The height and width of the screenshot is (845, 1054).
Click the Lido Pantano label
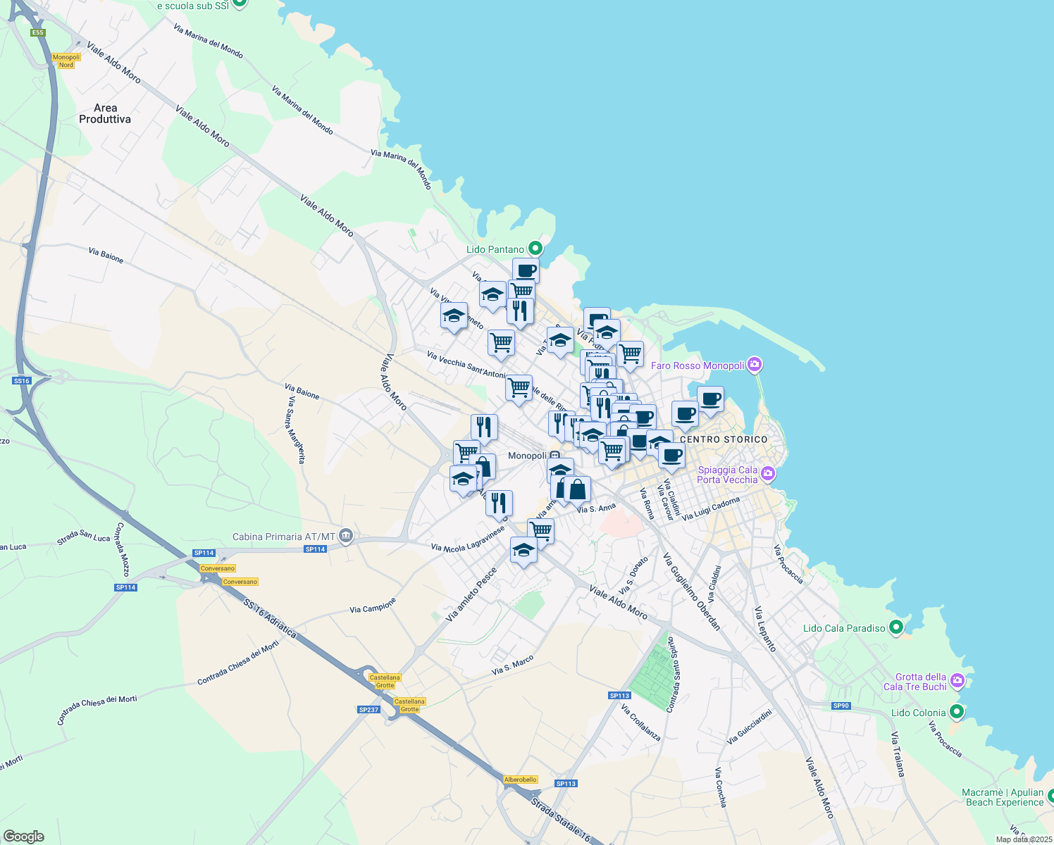pyautogui.click(x=495, y=249)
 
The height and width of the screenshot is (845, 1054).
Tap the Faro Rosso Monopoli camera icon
pyautogui.click(x=755, y=365)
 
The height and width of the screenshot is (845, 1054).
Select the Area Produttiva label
pyautogui.click(x=105, y=113)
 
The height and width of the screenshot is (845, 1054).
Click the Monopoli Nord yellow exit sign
pyautogui.click(x=66, y=61)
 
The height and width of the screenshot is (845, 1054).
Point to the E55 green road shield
pyautogui.click(x=37, y=32)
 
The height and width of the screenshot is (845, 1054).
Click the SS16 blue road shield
pyautogui.click(x=22, y=380)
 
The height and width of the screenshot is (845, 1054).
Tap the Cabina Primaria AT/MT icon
pyautogui.click(x=345, y=537)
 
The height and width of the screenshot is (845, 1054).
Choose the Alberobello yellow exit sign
pyautogui.click(x=521, y=780)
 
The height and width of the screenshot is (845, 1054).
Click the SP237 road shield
pyautogui.click(x=368, y=709)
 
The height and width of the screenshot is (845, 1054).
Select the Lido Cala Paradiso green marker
pyautogui.click(x=896, y=627)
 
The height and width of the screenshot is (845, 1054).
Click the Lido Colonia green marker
pyautogui.click(x=956, y=712)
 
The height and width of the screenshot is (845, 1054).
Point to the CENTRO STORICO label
pyautogui.click(x=724, y=439)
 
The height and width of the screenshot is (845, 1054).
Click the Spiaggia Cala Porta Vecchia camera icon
pyautogui.click(x=767, y=474)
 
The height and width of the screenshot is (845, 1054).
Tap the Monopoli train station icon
pyautogui.click(x=555, y=456)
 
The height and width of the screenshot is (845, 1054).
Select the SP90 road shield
pyautogui.click(x=841, y=706)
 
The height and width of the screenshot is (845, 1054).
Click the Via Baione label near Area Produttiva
pyautogui.click(x=106, y=255)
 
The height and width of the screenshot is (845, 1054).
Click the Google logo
pyautogui.click(x=24, y=837)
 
